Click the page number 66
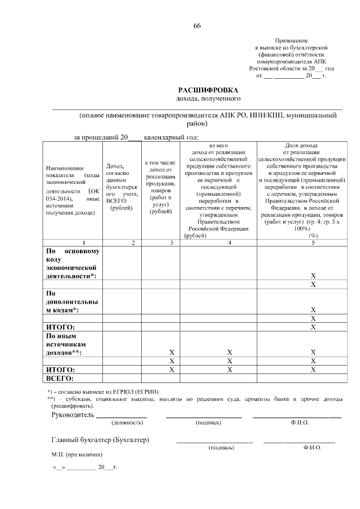(x=197, y=26)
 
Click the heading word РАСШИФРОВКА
(x=209, y=89)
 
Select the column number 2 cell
(x=121, y=242)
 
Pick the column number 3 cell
(x=160, y=242)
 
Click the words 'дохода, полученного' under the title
(x=209, y=98)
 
